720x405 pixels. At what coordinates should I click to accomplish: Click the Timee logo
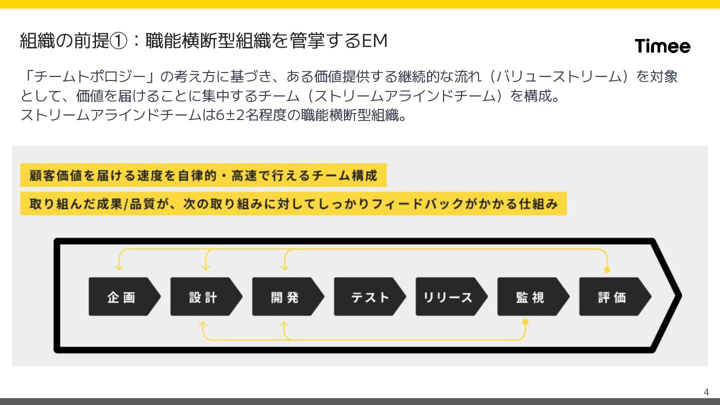point(662,46)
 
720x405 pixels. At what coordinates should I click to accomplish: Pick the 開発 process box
point(286,297)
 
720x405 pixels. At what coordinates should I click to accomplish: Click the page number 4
point(706,391)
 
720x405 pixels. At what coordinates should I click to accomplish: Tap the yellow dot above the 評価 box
point(607,270)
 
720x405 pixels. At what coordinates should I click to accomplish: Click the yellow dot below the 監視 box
point(525,322)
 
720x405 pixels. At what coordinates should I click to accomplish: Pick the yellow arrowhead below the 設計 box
point(202,325)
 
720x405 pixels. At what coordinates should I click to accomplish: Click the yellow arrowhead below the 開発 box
point(284,325)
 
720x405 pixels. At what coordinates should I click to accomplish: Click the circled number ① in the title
point(118,41)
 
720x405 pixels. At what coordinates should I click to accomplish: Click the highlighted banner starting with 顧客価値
point(203,176)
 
